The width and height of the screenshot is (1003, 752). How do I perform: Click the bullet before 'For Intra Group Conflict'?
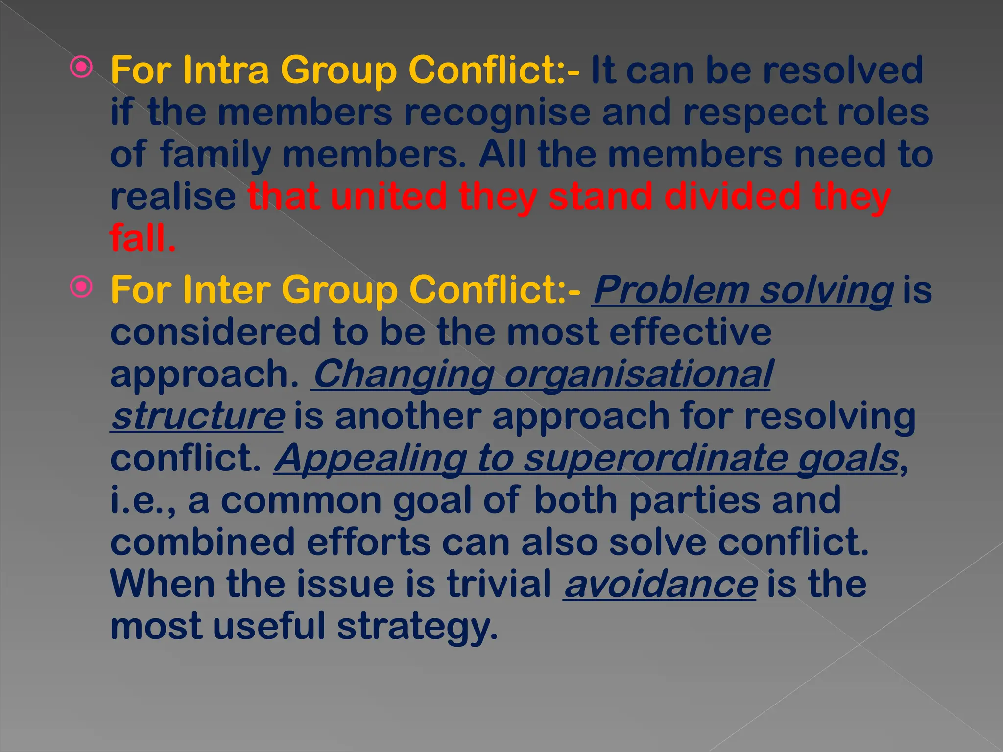[81, 68]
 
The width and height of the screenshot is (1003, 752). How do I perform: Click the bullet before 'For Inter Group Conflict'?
[81, 287]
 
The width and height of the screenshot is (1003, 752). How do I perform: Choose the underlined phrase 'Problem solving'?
[742, 290]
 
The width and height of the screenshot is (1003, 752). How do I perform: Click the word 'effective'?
[690, 332]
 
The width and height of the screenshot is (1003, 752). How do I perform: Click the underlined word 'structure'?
[197, 416]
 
